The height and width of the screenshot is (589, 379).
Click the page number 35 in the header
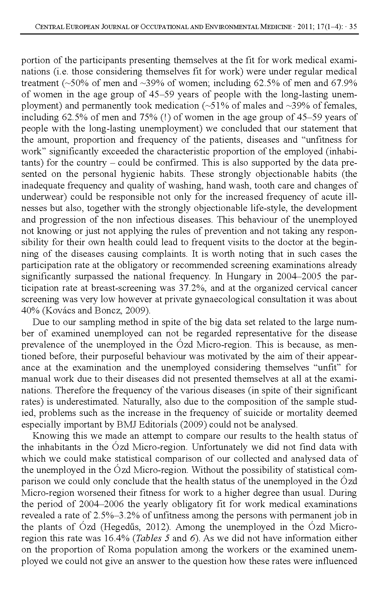[353, 27]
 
